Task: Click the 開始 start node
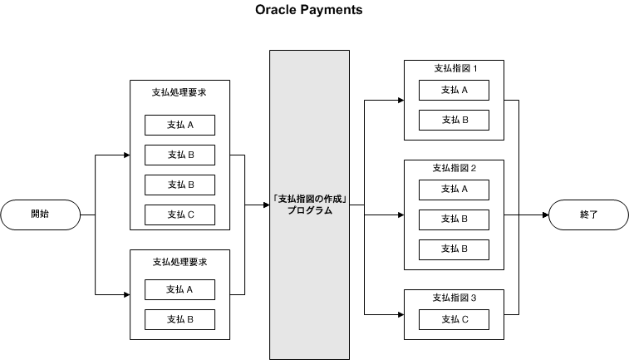(x=39, y=215)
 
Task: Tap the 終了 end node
(x=588, y=215)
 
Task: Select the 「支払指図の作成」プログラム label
(x=309, y=205)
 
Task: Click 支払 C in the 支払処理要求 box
(x=179, y=215)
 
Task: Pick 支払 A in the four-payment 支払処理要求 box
(x=179, y=125)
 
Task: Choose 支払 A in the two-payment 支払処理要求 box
(x=179, y=289)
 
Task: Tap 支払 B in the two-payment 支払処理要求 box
(x=179, y=319)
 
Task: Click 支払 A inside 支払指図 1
(x=454, y=90)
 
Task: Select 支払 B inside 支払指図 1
(x=454, y=121)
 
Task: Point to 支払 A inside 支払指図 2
(x=454, y=189)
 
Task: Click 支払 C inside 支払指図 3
(x=454, y=319)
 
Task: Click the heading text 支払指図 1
(x=454, y=68)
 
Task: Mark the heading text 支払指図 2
(x=454, y=167)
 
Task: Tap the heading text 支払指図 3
(x=454, y=297)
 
